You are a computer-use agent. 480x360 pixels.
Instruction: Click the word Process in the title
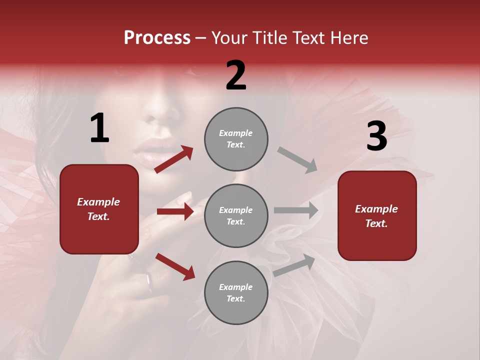(x=157, y=37)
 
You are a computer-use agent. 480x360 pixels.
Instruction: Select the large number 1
(x=99, y=128)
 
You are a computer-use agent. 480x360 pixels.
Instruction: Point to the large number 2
(x=236, y=75)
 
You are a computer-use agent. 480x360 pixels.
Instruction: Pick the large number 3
(x=376, y=136)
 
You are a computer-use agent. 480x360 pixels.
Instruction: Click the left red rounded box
(x=99, y=209)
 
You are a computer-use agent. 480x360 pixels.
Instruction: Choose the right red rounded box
(x=377, y=215)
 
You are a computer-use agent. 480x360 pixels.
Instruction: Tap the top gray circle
(x=236, y=139)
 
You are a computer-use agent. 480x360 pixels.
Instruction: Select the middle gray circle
(x=236, y=215)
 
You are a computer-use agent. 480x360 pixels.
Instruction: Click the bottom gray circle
(x=236, y=292)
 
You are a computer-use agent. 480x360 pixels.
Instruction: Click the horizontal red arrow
(x=175, y=211)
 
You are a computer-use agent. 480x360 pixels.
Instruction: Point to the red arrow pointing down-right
(x=175, y=266)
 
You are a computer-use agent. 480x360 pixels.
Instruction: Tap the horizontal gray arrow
(x=296, y=210)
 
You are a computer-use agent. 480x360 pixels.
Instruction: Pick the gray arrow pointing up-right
(x=294, y=265)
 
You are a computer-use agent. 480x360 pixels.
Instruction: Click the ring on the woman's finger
(x=149, y=281)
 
